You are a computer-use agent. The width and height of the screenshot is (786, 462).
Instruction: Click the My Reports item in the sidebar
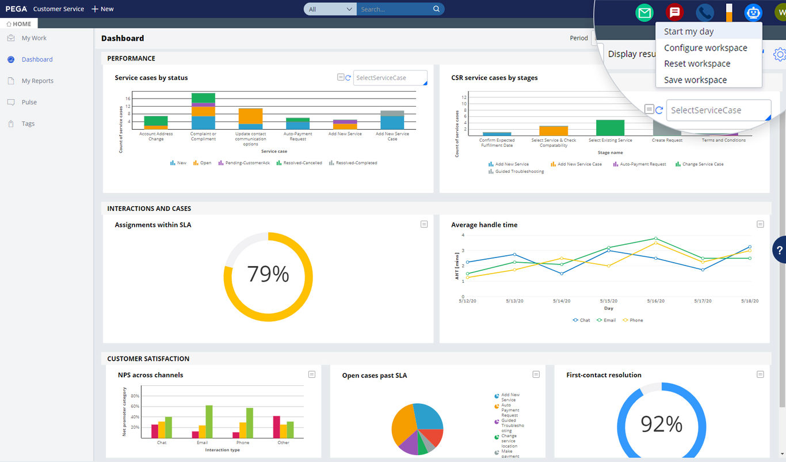click(x=37, y=81)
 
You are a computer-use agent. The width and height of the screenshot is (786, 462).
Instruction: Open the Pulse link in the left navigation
click(x=29, y=103)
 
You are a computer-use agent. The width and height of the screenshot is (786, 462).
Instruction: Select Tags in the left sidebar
click(x=28, y=124)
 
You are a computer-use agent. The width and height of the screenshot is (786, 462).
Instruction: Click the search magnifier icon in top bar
click(x=436, y=9)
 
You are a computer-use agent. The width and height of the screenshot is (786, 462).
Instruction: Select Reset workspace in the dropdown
click(x=697, y=64)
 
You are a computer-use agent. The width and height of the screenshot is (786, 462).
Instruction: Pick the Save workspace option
click(x=695, y=80)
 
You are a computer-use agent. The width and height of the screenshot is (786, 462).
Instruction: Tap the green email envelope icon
click(x=644, y=13)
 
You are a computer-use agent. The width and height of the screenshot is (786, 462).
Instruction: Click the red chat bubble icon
click(x=674, y=13)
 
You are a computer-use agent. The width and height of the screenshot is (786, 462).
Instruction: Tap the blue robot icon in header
click(x=753, y=13)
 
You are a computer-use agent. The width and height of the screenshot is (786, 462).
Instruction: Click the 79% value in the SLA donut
click(x=268, y=274)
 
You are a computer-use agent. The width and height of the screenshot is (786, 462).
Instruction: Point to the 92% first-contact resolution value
click(x=661, y=425)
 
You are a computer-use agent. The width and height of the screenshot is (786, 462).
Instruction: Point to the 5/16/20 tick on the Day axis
click(x=655, y=301)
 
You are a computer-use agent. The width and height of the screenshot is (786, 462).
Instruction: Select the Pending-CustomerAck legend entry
click(x=247, y=163)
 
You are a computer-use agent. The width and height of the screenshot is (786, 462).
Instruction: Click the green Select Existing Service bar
click(x=610, y=127)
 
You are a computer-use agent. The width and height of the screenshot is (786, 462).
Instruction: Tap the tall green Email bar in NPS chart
click(x=209, y=422)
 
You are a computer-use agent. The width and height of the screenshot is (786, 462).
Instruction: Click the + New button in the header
click(x=103, y=9)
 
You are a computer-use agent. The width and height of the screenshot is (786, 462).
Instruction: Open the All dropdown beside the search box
click(x=330, y=9)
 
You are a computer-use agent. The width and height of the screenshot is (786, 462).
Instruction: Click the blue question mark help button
click(x=779, y=250)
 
